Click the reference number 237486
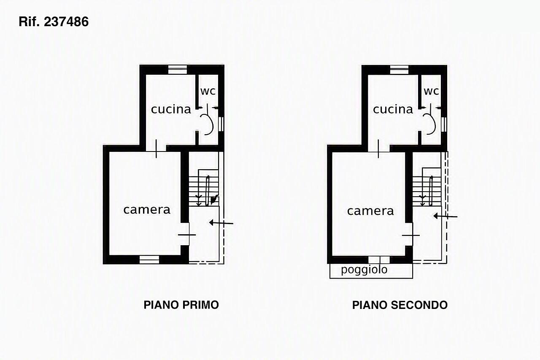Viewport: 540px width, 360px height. pos(66,22)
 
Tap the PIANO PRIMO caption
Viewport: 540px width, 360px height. pos(181,305)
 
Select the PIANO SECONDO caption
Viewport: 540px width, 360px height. pos(400,305)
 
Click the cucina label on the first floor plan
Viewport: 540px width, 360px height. pos(171,109)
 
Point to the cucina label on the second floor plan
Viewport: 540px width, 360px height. pos(393,109)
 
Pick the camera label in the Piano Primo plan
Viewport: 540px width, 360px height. pos(147,210)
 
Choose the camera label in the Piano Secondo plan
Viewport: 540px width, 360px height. pos(370,211)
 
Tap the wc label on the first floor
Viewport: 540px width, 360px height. pos(208,91)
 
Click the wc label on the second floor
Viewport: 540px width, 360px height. pos(431,91)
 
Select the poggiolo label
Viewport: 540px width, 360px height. pos(364,270)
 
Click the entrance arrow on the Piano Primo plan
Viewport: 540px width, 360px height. pos(221,223)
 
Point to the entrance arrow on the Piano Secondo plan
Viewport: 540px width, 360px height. pos(445,216)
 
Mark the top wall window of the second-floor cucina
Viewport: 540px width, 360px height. pos(399,69)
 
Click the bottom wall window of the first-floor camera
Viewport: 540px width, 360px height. pos(149,260)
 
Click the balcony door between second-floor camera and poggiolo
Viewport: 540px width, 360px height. pos(379,260)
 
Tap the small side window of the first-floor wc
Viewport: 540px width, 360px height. pos(221,124)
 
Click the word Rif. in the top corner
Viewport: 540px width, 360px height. pos(29,22)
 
